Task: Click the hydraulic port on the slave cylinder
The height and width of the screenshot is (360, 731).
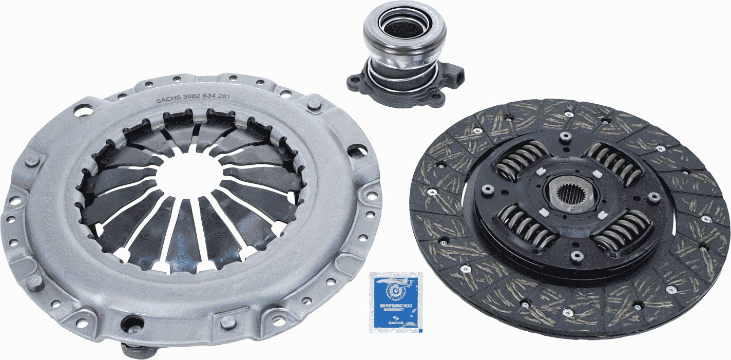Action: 458,79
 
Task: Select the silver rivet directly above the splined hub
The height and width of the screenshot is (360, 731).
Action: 566,136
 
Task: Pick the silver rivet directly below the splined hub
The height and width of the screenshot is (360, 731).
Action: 576,255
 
